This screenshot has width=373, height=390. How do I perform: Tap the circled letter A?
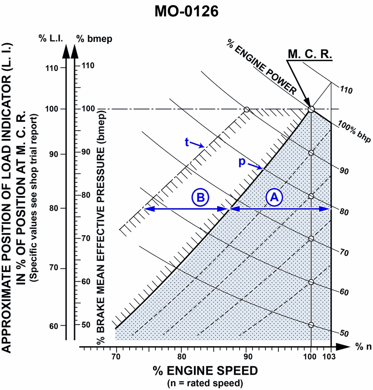point(274,197)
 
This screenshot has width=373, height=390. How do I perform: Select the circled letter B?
point(200,197)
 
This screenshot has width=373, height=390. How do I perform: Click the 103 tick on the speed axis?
point(331,357)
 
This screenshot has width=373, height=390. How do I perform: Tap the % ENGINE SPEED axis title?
point(205,371)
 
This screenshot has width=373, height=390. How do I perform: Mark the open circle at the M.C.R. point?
point(311,110)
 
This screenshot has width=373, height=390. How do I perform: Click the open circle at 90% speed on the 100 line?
point(247,110)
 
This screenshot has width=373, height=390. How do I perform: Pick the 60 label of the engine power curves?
point(344,292)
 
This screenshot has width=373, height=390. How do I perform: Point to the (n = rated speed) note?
point(205,383)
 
